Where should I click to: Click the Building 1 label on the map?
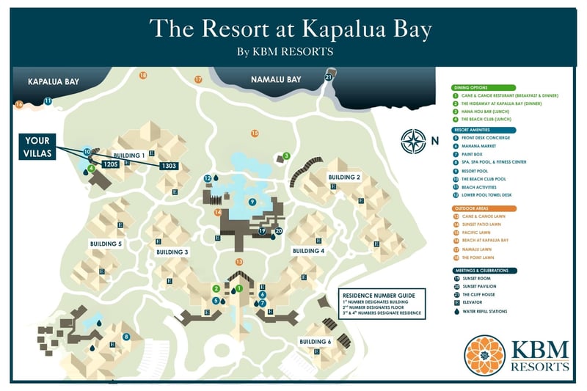pyautogui.click(x=128, y=155)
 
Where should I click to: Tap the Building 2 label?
pyautogui.click(x=344, y=178)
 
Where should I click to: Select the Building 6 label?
pyautogui.click(x=315, y=342)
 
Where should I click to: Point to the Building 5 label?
pyautogui.click(x=105, y=244)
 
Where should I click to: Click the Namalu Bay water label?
pyautogui.click(x=276, y=79)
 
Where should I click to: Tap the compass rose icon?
pyautogui.click(x=414, y=139)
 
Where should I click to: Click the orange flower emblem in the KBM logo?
pyautogui.click(x=484, y=354)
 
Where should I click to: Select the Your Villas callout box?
pyautogui.click(x=37, y=143)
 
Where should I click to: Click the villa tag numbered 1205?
pyautogui.click(x=111, y=164)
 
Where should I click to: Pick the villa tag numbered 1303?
pyautogui.click(x=168, y=167)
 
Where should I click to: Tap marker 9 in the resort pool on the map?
pyautogui.click(x=252, y=202)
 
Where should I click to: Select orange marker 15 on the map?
pyautogui.click(x=255, y=133)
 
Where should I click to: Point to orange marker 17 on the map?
pyautogui.click(x=198, y=79)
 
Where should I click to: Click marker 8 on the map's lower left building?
pyautogui.click(x=126, y=337)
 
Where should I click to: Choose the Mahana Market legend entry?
pyautogui.click(x=481, y=146)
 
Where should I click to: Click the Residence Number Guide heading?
pyautogui.click(x=379, y=295)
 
